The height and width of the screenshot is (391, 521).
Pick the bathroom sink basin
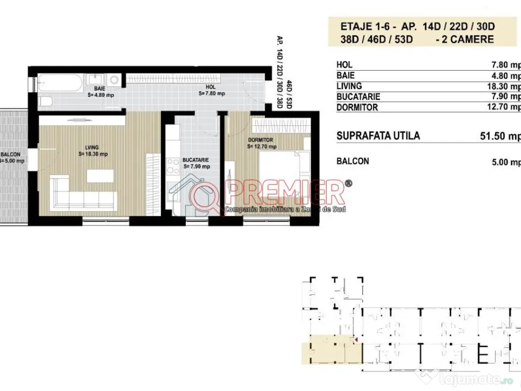coord(96,79)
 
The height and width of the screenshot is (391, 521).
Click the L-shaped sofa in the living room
coord(81,196)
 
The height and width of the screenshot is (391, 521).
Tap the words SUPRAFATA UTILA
coord(379,136)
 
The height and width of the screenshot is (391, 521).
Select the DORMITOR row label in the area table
coord(357,107)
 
